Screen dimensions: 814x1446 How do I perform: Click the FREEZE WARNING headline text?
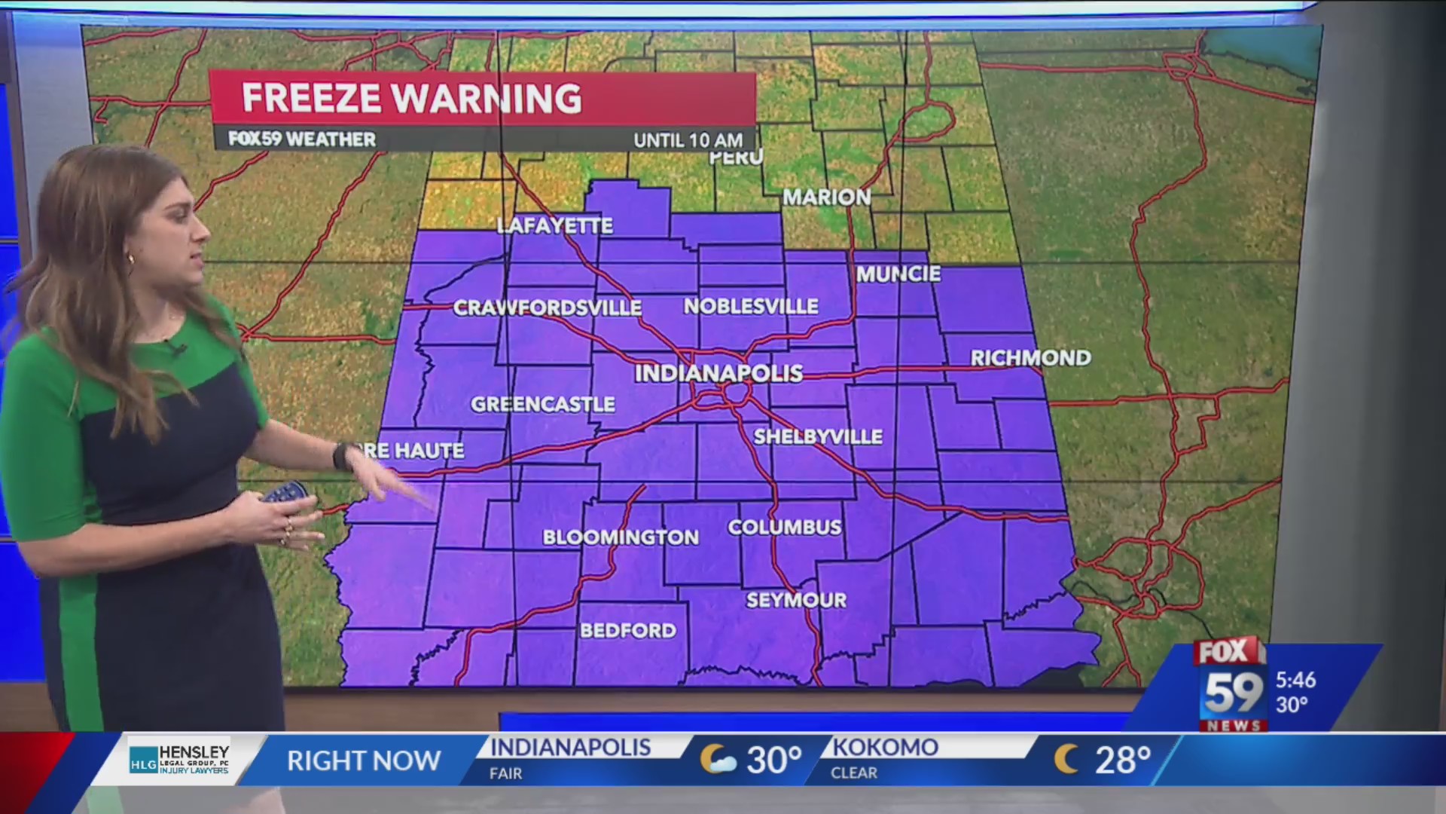tap(411, 98)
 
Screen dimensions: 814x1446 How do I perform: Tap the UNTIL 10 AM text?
tap(688, 140)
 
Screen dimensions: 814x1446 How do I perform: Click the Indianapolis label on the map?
tap(718, 373)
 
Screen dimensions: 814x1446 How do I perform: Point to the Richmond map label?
tap(1030, 358)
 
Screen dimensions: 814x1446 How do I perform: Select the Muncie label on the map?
tap(898, 274)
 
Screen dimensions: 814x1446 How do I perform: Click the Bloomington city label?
tap(621, 537)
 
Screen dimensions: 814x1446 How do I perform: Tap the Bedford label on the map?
tap(627, 631)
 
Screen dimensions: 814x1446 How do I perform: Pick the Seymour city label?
tap(796, 601)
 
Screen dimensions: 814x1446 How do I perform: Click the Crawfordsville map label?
tap(547, 308)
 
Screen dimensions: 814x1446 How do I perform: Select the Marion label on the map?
tap(826, 197)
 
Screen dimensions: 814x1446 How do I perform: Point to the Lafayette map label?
tap(555, 226)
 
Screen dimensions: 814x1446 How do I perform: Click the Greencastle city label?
tap(543, 405)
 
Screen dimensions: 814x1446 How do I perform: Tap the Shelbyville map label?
tap(818, 437)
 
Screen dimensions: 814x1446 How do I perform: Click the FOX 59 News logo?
tap(1231, 684)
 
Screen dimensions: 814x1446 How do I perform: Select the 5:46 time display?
tap(1295, 680)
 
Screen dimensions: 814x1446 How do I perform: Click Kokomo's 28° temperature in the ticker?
tap(1122, 760)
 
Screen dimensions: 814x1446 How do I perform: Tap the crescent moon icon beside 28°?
tap(1066, 760)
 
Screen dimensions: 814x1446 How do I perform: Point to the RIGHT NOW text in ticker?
tap(364, 761)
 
